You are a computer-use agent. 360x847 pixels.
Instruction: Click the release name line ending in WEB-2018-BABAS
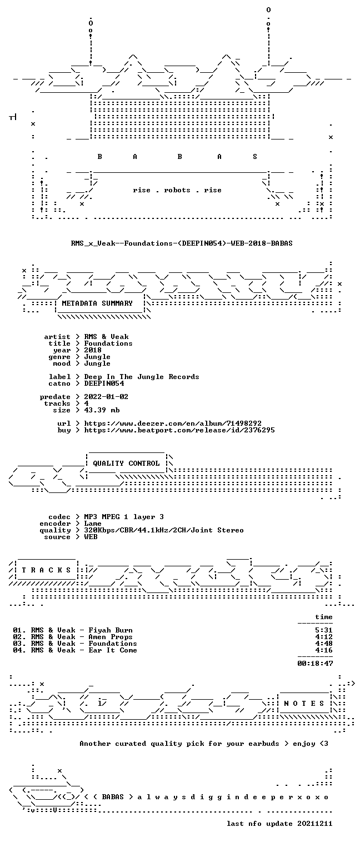click(182, 243)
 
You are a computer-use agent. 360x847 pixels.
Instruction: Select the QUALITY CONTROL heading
click(126, 464)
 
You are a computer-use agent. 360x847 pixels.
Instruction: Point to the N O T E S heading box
click(304, 704)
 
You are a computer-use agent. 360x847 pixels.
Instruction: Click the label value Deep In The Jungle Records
click(142, 377)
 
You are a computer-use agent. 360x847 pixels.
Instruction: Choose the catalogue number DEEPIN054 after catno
click(104, 383)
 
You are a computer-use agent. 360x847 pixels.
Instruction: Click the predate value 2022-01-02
click(106, 397)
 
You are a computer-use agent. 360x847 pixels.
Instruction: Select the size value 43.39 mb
click(102, 410)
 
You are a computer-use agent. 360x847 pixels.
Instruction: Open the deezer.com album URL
click(173, 423)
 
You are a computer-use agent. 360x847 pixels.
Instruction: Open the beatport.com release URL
click(179, 430)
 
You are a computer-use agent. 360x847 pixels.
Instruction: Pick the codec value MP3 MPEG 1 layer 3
click(124, 517)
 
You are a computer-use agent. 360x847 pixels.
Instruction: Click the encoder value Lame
click(93, 524)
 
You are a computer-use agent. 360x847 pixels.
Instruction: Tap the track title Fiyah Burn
click(111, 630)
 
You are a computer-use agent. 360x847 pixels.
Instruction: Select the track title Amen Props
click(111, 637)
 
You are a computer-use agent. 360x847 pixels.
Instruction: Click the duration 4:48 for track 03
click(324, 644)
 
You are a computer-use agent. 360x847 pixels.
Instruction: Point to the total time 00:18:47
click(315, 664)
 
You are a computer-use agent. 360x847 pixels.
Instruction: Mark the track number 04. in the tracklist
click(19, 650)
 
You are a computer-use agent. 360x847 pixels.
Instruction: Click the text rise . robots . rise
click(177, 190)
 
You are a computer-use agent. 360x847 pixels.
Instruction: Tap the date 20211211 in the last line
click(315, 824)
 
